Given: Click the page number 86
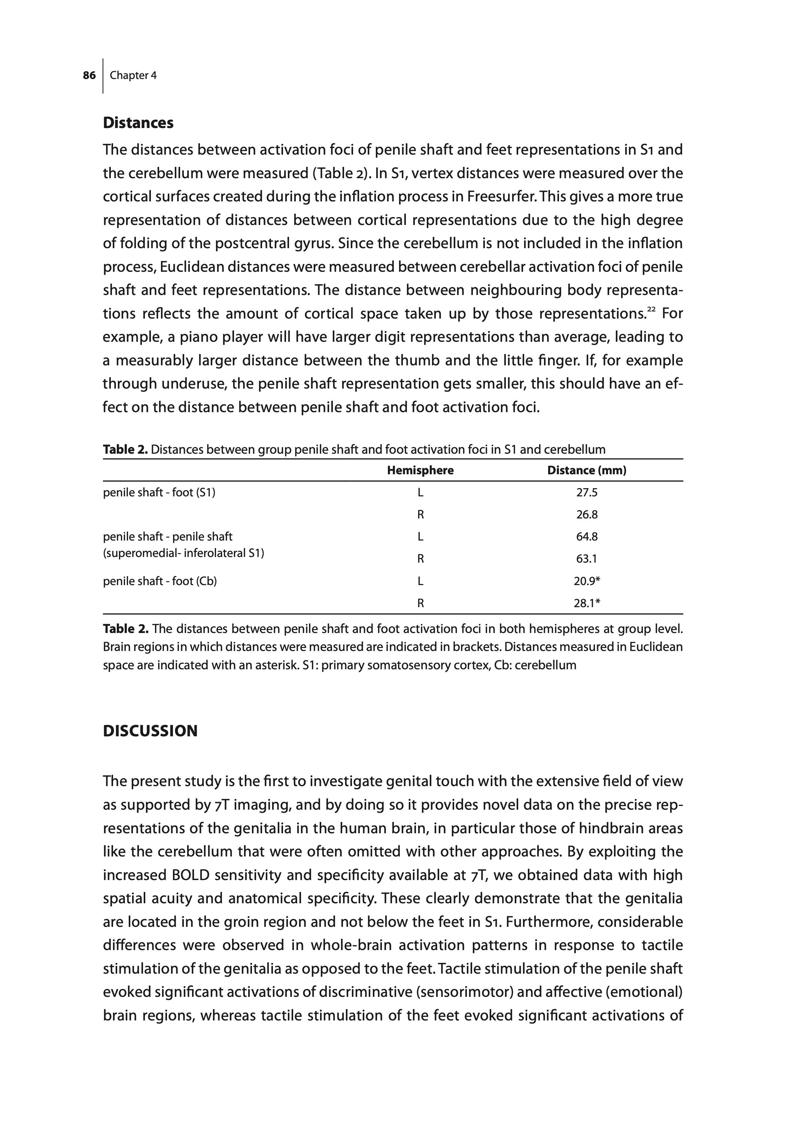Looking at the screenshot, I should (89, 76).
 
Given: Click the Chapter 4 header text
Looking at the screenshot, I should (133, 76).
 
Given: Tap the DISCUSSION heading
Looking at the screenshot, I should (150, 731).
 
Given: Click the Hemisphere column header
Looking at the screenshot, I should (420, 471).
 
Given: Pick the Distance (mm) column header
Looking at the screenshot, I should (587, 471).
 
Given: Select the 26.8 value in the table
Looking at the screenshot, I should (587, 514).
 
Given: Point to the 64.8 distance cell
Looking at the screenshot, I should (587, 536).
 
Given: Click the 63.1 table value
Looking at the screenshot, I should (587, 559).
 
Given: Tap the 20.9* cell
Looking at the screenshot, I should (587, 581).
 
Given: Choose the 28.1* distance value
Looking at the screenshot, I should (587, 603).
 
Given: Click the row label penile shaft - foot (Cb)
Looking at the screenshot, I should (160, 581).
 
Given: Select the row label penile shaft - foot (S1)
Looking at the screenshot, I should (159, 492).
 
